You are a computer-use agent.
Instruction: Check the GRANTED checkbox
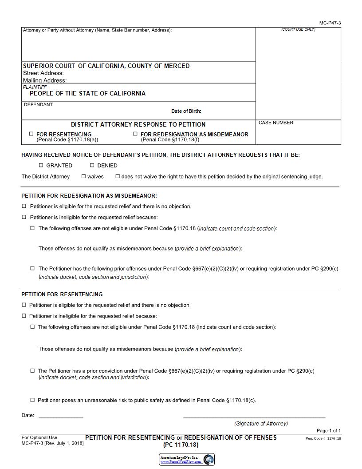coord(41,165)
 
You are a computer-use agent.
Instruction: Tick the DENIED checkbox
coord(92,165)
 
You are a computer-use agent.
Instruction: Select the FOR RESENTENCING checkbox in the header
coord(31,134)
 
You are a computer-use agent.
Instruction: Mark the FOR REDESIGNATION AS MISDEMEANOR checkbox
coord(135,134)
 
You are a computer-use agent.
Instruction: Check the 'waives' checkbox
coord(83,176)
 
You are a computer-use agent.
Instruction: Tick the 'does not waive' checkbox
coord(118,176)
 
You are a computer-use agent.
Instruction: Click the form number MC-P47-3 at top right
coord(330,23)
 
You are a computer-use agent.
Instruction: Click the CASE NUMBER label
coord(276,123)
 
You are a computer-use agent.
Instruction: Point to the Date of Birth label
coord(186,111)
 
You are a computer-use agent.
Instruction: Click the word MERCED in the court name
coord(177,66)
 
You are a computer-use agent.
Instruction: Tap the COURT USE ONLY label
coord(298,30)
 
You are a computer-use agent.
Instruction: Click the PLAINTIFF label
coord(35,87)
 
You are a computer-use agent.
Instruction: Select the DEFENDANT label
coord(38,105)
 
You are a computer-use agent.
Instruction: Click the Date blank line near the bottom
coord(61,417)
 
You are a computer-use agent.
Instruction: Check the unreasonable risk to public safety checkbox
coord(32,400)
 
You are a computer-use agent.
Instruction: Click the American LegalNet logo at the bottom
coord(187,459)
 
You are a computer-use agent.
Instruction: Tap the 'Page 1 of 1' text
coord(328,431)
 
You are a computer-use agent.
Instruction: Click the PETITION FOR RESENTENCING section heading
coord(62,294)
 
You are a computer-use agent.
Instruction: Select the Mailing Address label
coord(45,80)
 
